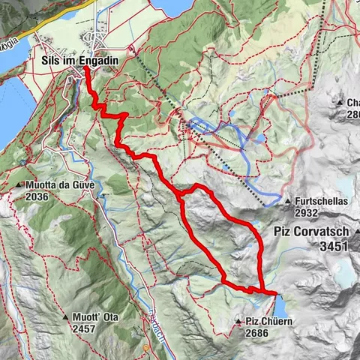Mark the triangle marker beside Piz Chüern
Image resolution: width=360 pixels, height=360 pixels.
238,321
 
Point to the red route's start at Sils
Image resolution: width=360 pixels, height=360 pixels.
85,67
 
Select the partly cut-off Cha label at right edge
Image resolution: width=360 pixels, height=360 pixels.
352,103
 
